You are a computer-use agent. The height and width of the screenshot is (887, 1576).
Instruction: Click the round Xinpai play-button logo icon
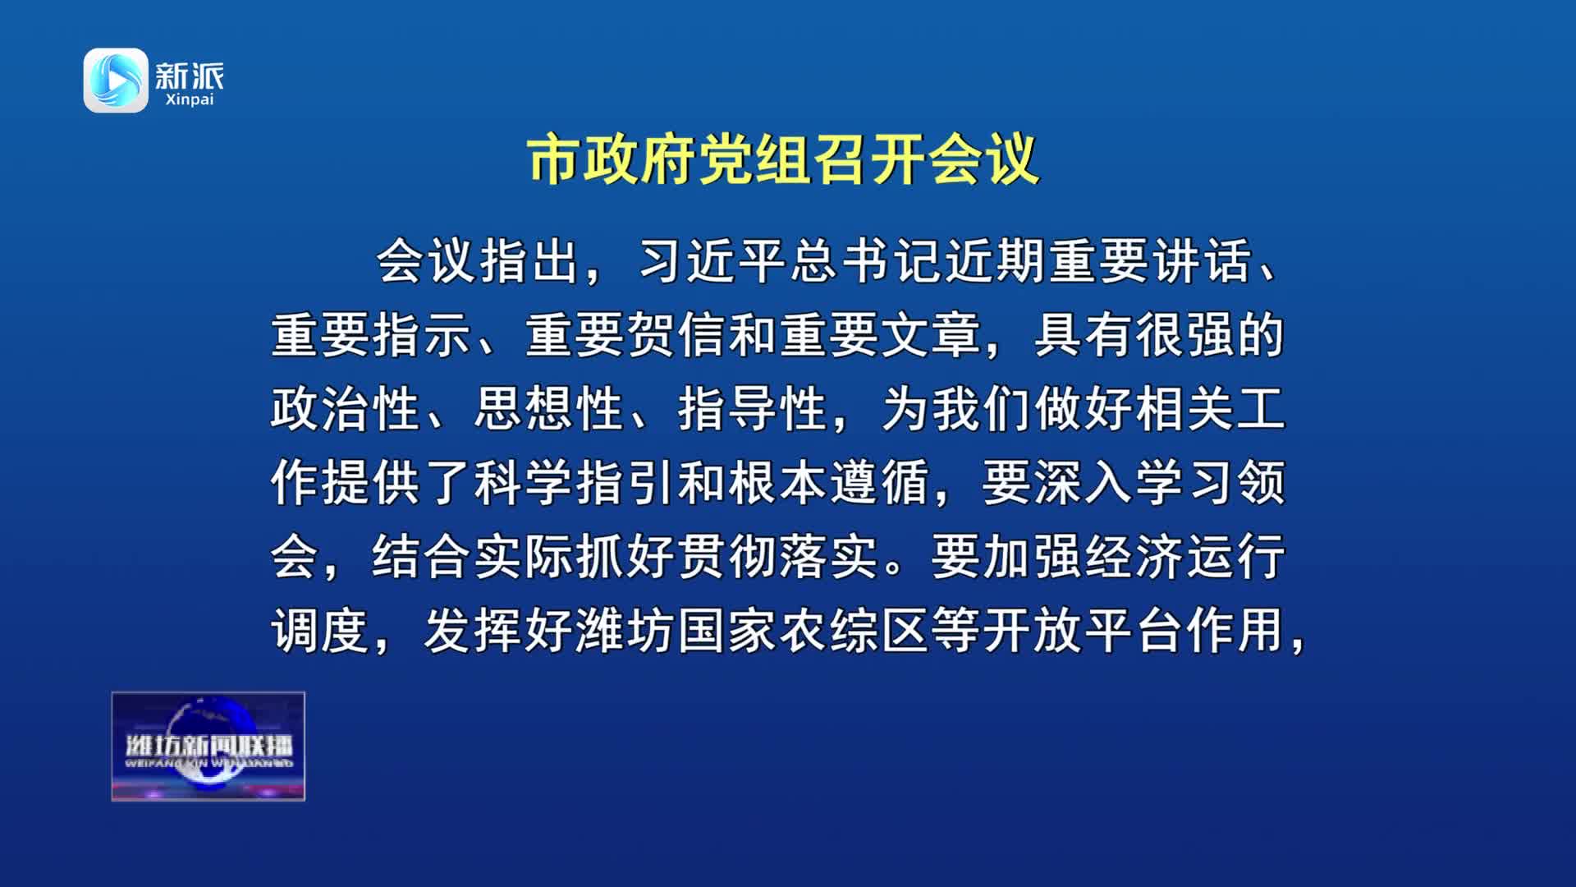[x=116, y=80]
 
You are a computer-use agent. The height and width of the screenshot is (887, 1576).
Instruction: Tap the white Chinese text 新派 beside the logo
[x=190, y=76]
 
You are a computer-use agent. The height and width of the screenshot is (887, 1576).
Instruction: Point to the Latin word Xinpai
[x=190, y=100]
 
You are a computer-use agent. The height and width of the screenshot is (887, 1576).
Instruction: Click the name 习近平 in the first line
[x=713, y=261]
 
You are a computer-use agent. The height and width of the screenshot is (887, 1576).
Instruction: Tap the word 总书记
[x=867, y=261]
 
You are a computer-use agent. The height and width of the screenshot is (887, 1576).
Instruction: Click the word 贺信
[x=677, y=335]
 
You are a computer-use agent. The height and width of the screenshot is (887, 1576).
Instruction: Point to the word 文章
[x=932, y=335]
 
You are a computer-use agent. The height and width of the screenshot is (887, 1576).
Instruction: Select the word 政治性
[x=346, y=409]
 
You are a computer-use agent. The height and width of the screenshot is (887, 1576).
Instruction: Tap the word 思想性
[x=549, y=409]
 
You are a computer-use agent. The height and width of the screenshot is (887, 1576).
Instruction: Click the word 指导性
[x=753, y=409]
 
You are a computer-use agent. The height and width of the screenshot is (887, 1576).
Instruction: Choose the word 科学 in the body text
[x=525, y=482]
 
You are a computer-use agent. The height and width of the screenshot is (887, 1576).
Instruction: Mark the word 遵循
[x=881, y=482]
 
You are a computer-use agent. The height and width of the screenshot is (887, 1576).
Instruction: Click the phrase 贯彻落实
[x=778, y=556]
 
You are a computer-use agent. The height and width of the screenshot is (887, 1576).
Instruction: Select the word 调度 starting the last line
[x=320, y=630]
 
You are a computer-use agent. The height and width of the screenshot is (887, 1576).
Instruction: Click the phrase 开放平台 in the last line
[x=1083, y=630]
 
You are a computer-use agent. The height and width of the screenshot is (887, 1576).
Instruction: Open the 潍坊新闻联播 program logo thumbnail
[x=208, y=746]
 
